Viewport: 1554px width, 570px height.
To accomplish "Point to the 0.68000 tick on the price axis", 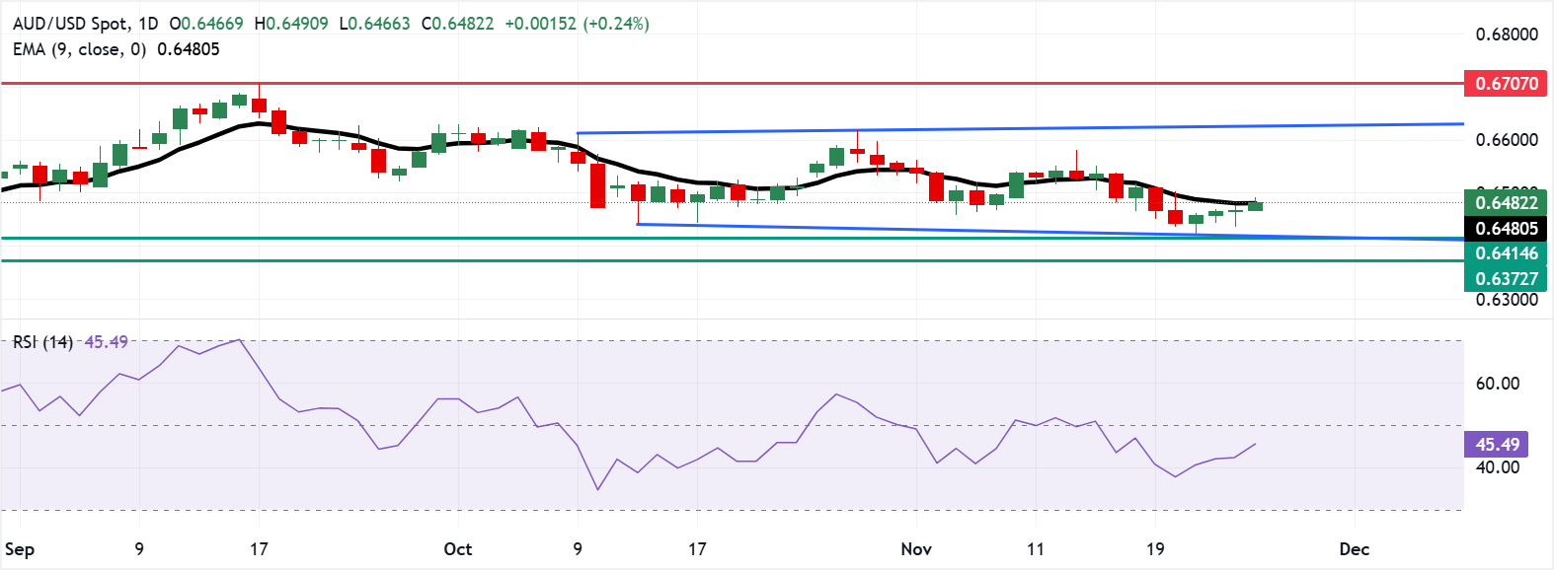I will tap(1507, 35).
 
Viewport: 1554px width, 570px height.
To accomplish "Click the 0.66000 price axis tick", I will tap(1507, 140).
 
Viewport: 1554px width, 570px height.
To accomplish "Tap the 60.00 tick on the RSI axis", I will tap(1497, 384).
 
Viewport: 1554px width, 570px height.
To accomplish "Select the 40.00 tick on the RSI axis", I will tap(1497, 467).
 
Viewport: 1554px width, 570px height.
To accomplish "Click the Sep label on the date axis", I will tap(20, 549).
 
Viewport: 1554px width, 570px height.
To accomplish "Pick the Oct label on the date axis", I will tap(458, 549).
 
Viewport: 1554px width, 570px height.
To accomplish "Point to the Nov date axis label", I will tap(916, 549).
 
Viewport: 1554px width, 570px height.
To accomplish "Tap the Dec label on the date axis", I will tap(1354, 549).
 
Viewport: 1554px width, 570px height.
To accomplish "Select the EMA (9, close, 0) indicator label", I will tap(79, 49).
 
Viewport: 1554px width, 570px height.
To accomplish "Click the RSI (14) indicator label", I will tap(42, 342).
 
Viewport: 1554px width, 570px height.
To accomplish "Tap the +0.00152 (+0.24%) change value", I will tap(577, 24).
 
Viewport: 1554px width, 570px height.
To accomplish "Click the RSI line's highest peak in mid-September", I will tap(238, 340).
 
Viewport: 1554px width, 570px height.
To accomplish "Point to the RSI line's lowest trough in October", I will tap(597, 489).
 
